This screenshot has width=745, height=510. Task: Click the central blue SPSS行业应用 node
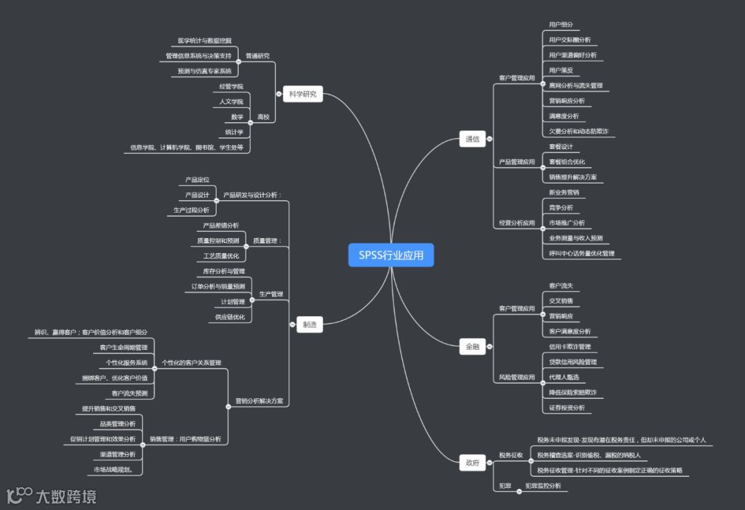coord(390,255)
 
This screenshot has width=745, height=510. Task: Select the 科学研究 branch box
coord(303,95)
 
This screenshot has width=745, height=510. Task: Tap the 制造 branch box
coord(310,324)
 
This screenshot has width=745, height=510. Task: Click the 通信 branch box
coord(472,139)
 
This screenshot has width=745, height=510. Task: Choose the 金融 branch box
coord(472,346)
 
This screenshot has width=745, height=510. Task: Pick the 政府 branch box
coord(472,463)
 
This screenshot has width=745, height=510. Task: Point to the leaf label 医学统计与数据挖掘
coord(204,41)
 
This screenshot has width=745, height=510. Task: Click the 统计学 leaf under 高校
coord(235,132)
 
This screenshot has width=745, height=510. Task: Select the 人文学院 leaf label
coord(231,101)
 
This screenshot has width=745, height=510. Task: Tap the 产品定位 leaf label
coord(197,179)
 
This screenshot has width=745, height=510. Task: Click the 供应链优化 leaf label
coord(230,317)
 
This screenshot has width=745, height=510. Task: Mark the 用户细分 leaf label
coord(561,25)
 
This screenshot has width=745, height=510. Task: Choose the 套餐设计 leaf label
coord(561,146)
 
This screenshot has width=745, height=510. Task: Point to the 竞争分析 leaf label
coord(561,208)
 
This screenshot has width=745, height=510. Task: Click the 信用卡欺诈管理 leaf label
coord(570,346)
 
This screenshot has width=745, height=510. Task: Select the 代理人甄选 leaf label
coord(564,377)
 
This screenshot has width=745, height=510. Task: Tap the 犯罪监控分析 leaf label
coord(543,486)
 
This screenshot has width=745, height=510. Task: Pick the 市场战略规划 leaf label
coord(118,469)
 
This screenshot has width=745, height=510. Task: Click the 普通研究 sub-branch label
coord(257,56)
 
